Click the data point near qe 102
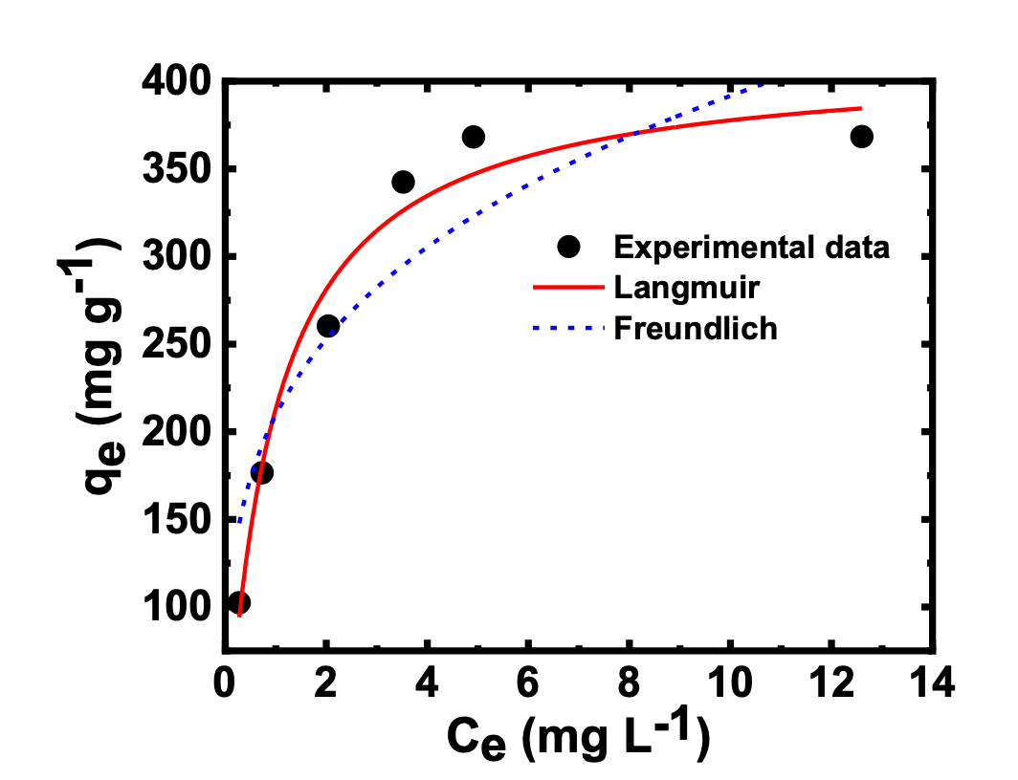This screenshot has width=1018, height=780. [x=239, y=603]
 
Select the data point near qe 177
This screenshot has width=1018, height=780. [x=261, y=472]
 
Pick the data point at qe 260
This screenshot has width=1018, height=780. [x=328, y=326]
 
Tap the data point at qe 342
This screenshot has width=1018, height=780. [x=403, y=182]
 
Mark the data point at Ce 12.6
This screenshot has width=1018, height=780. [x=861, y=137]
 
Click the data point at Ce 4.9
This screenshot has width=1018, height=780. [x=473, y=137]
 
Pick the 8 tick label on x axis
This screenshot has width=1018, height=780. [x=631, y=684]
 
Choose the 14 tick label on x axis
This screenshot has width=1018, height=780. [x=933, y=684]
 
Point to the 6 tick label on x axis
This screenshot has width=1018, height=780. [x=529, y=684]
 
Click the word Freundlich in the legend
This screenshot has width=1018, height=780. [x=696, y=329]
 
